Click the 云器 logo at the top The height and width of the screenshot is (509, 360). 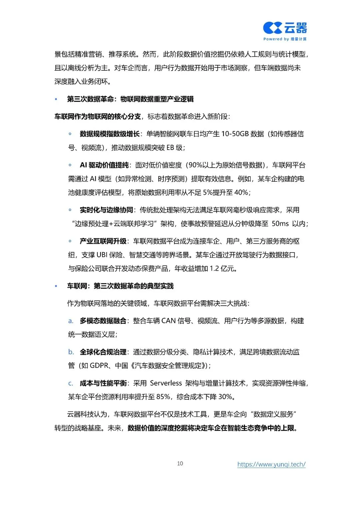(x=285, y=28)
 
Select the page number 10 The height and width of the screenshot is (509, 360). (x=180, y=463)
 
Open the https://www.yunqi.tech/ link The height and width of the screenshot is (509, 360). (x=271, y=464)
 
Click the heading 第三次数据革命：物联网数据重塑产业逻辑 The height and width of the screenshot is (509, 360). (x=130, y=99)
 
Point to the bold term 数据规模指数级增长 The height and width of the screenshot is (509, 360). (x=109, y=134)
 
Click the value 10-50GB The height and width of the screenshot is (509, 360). (x=235, y=134)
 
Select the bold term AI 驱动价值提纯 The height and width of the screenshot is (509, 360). (x=104, y=165)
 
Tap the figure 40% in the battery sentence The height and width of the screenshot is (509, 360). (x=241, y=193)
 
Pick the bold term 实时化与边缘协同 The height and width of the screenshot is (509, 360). (x=106, y=210)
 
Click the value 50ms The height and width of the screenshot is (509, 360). (x=280, y=224)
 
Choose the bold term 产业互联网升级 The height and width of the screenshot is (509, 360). (x=103, y=241)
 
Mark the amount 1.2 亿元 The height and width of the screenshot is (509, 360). (x=223, y=269)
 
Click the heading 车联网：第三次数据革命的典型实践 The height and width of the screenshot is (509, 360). (x=120, y=286)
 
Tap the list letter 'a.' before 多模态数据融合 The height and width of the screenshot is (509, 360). (x=71, y=321)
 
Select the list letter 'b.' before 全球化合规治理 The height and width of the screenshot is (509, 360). (x=71, y=352)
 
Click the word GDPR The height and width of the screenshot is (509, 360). (x=99, y=366)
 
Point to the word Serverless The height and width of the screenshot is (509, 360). (x=166, y=383)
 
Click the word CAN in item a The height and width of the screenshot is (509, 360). (x=168, y=321)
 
